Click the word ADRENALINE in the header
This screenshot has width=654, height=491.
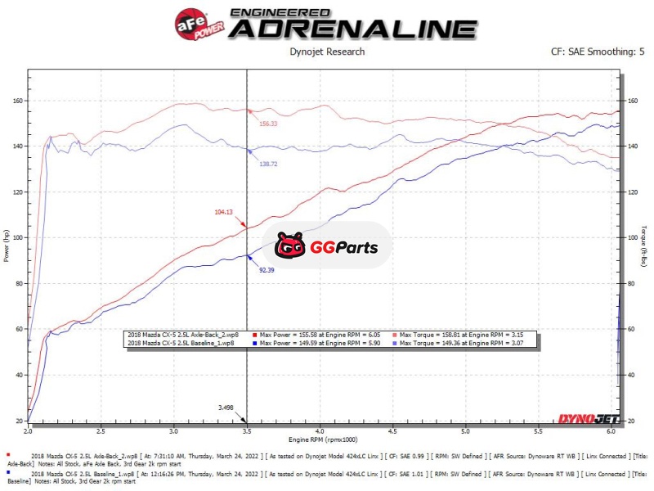pos(353,28)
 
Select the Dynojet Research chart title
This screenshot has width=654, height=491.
pos(327,52)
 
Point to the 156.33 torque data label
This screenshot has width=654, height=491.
pos(268,124)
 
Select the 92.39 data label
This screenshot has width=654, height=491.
pos(267,269)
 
